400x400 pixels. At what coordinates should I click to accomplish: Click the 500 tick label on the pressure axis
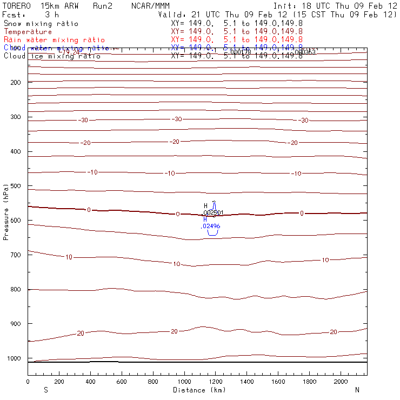point(15,186)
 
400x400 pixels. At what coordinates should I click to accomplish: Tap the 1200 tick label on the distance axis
point(216,382)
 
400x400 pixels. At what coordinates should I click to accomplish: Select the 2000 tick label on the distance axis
point(341,382)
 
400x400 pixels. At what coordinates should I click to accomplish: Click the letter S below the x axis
point(45,390)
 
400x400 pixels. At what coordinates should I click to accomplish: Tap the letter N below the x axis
point(357,390)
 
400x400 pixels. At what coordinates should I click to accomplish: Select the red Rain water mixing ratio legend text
point(54,40)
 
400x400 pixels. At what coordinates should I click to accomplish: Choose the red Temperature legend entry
point(28,32)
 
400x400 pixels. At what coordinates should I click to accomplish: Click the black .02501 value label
point(213,212)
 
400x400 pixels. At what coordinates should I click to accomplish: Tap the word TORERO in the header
point(16,5)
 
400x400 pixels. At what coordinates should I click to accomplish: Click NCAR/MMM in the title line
point(150,5)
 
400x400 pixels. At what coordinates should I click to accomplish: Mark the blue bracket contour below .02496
point(213,232)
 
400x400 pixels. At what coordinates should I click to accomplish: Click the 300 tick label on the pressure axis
point(15,117)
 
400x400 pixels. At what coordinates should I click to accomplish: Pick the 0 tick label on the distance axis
point(28,382)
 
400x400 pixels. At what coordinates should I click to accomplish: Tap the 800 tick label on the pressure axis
point(15,289)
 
